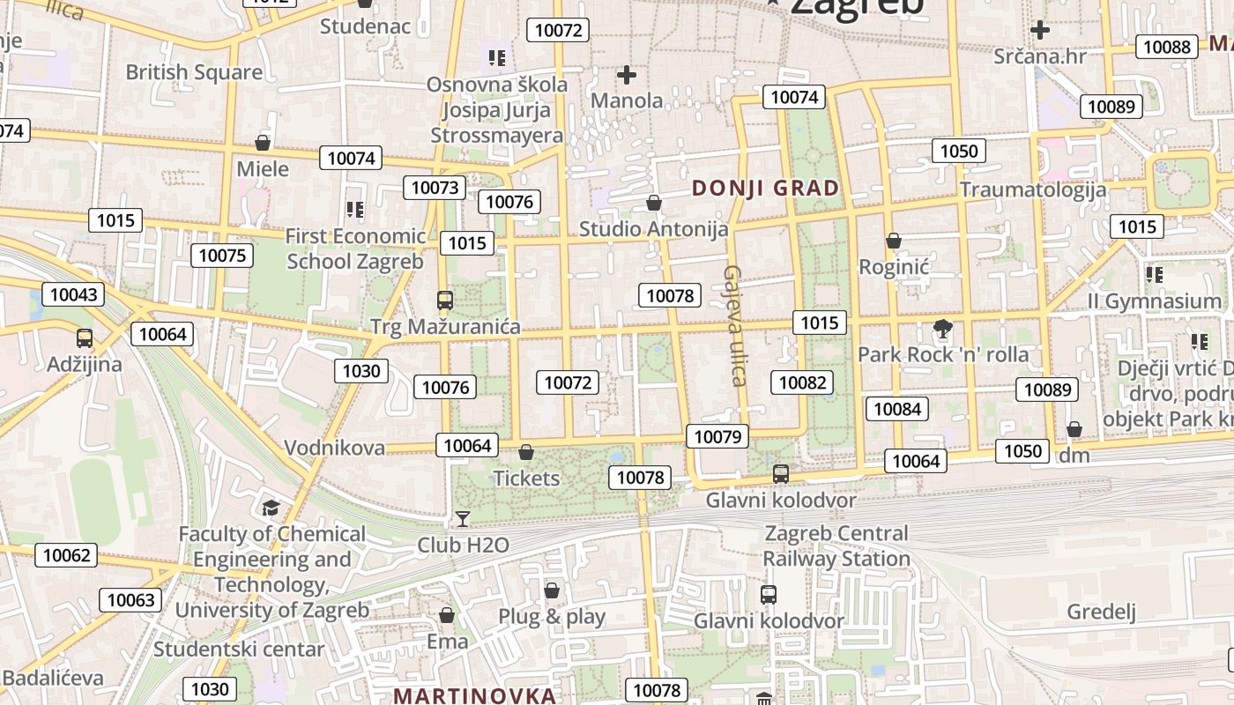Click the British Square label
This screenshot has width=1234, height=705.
tap(194, 72)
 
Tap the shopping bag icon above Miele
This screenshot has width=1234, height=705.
tap(262, 143)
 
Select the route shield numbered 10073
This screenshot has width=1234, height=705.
tap(435, 187)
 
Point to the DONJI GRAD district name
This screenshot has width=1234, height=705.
tap(765, 188)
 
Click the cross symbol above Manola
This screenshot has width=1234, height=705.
tap(627, 76)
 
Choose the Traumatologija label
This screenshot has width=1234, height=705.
tap(1033, 189)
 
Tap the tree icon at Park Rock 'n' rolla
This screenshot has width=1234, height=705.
tap(942, 330)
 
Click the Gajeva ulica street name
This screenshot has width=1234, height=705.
tap(734, 326)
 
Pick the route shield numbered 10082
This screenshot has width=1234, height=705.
tap(802, 382)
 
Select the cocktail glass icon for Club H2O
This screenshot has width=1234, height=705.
tap(462, 519)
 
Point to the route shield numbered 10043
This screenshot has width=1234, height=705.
tap(73, 294)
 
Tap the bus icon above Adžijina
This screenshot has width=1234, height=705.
tap(85, 338)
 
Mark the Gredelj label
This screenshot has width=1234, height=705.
tap(1101, 612)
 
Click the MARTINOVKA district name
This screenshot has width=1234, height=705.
tap(475, 695)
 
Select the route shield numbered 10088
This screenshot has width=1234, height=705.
tap(1167, 47)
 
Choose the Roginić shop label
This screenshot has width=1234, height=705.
tap(895, 266)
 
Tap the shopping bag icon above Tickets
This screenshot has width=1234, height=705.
tap(526, 453)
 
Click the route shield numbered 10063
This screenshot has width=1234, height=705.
tap(130, 600)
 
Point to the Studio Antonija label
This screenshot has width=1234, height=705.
tap(653, 229)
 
